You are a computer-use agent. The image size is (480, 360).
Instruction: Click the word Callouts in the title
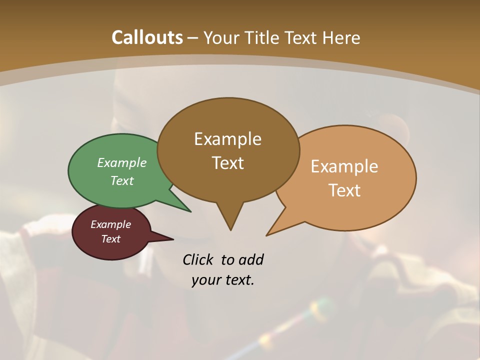pos(147,37)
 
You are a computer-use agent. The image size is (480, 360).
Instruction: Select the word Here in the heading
pos(342,37)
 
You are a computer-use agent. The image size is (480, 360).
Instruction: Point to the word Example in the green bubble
pos(122,163)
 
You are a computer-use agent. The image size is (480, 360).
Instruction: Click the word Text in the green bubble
pos(122,181)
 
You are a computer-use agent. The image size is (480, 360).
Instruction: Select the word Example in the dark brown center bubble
pos(227,139)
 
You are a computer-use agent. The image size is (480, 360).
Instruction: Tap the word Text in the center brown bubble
pos(227,163)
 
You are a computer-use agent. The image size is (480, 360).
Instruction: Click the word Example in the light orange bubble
pos(344,166)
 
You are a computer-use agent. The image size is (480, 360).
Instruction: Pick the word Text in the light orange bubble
pos(344,190)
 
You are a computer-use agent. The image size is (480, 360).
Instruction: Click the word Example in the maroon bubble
pos(110,224)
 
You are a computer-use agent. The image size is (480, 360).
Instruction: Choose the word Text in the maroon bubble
pos(110,239)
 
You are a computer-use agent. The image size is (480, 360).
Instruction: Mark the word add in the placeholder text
pos(250,259)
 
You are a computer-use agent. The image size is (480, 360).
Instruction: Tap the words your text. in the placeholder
pos(223,280)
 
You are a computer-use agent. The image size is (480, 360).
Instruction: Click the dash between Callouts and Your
pos(193,38)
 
